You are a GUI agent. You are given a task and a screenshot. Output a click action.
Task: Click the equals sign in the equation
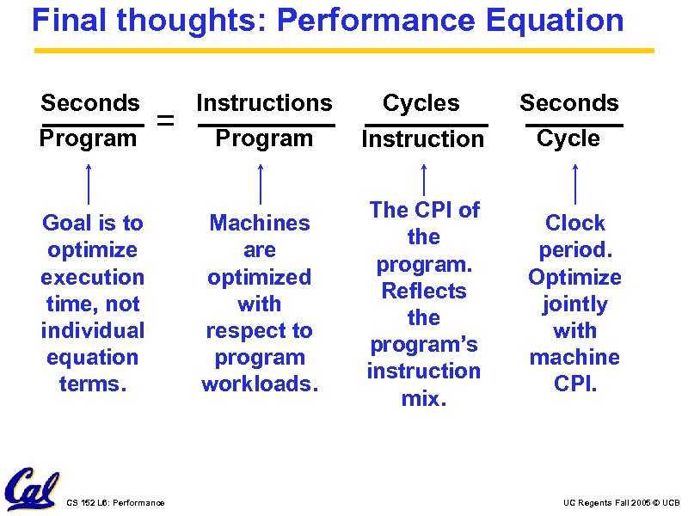[168, 122]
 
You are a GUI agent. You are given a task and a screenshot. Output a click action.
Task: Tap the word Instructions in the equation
[264, 103]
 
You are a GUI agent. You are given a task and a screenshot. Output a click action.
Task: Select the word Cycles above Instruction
[421, 103]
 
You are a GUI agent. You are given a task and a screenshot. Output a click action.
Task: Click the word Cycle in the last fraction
[568, 138]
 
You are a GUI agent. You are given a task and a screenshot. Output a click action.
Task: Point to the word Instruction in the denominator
[423, 138]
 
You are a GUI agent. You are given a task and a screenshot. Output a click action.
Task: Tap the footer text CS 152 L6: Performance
[115, 502]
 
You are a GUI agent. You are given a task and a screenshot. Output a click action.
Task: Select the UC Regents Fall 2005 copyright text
[621, 502]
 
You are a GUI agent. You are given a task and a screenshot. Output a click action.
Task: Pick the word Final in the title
[71, 20]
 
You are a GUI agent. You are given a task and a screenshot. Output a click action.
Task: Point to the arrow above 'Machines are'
[261, 184]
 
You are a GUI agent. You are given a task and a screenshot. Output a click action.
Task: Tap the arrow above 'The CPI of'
[423, 179]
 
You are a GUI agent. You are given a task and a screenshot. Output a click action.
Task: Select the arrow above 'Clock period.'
[574, 184]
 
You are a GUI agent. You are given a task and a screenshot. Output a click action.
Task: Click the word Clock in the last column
[574, 223]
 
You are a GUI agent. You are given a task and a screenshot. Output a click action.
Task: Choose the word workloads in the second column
[260, 384]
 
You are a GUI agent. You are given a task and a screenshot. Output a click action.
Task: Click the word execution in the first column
[92, 277]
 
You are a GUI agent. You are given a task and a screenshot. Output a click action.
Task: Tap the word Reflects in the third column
[424, 291]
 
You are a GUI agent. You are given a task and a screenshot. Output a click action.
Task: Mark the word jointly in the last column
[574, 304]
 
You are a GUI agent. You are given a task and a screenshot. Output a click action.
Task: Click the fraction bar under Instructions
[266, 126]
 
